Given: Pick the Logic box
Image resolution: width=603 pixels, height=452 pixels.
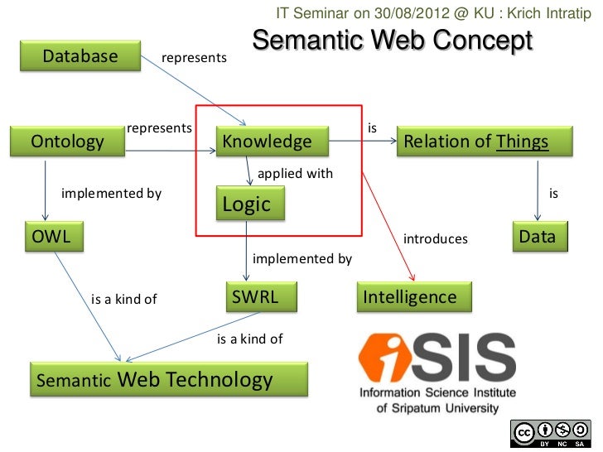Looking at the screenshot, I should point(249,204).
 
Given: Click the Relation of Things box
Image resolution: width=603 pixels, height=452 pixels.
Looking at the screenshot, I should point(484,142).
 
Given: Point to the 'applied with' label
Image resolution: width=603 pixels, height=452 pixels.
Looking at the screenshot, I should point(295,174).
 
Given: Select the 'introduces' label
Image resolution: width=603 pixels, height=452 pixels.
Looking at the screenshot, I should point(435,239).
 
